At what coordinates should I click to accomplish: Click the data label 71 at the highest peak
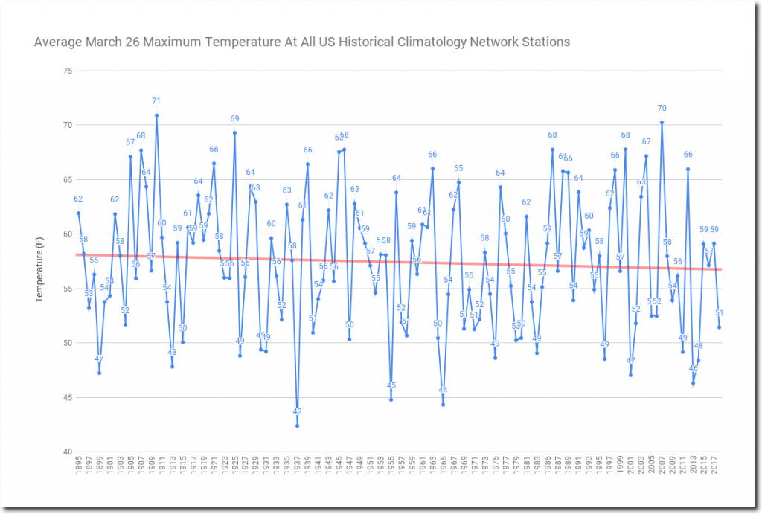156,101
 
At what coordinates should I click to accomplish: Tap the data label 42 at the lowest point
297,411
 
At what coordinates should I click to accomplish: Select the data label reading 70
662,108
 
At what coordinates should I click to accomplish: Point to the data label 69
234,119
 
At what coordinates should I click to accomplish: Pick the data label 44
443,391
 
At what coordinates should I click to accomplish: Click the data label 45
391,385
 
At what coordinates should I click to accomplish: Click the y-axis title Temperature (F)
40,262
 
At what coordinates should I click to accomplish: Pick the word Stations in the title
546,42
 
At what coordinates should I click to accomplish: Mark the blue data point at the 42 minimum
297,426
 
